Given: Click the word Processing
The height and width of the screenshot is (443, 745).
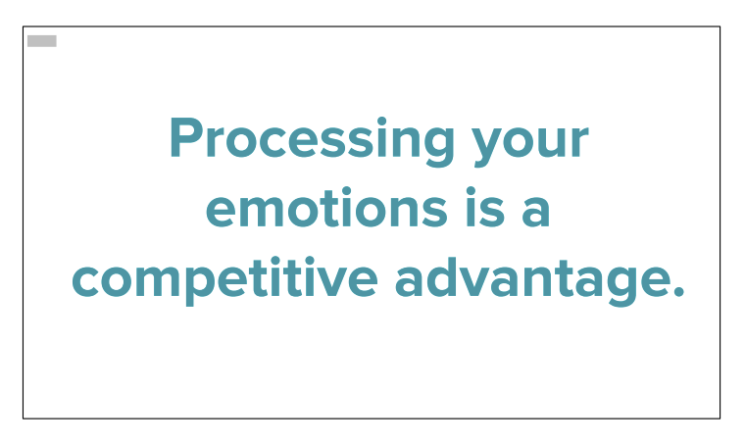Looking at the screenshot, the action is pos(312,141).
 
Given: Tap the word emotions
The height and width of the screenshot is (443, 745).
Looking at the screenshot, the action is pos(326,208).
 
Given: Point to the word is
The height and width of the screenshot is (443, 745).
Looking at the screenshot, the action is pos(484,208).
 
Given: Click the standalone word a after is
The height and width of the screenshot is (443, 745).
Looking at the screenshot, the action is pos(536,212).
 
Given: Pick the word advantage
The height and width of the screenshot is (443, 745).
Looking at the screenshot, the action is pos(531,281).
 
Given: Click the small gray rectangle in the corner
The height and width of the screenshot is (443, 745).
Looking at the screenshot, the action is pos(42,41).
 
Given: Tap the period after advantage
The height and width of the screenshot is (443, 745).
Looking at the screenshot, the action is pos(678,291).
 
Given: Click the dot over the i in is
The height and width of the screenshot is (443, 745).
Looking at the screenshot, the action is pos(472,191).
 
